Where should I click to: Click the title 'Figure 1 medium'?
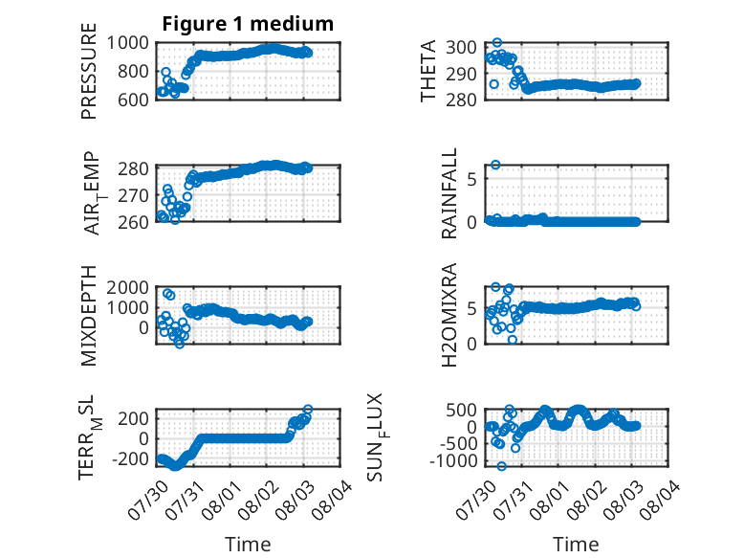coord(248,24)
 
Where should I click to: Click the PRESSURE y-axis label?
coord(89,71)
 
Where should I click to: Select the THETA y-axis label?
coord(428,71)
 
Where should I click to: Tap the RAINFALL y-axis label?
coord(449,193)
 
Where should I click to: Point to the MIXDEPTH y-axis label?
coord(89,316)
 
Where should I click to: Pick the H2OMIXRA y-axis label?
coord(449,315)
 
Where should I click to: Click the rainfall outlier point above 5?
coord(495,165)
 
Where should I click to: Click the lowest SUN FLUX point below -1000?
coord(501,466)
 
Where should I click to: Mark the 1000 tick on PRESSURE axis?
coord(127,43)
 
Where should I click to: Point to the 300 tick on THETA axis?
coord(461,48)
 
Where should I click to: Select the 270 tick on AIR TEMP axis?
coord(133,195)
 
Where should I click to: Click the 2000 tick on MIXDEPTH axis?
coord(127,287)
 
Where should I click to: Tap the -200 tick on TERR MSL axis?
coord(130,459)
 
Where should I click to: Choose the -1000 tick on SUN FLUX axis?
coord(452,460)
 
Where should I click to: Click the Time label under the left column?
coord(248,545)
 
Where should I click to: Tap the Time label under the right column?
coord(576,545)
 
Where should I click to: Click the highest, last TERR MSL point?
coord(308,409)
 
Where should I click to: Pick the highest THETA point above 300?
coord(496,43)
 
